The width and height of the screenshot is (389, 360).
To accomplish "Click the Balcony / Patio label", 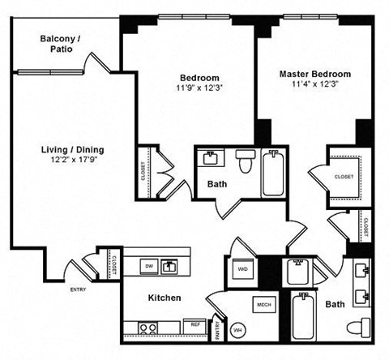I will [62, 43].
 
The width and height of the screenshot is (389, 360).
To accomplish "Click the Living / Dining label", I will [72, 150].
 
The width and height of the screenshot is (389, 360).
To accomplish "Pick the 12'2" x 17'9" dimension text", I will [72, 161].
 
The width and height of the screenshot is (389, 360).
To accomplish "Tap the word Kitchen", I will [164, 298].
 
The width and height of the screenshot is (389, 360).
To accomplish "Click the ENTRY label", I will [78, 289].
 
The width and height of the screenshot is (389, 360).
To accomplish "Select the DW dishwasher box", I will [148, 265].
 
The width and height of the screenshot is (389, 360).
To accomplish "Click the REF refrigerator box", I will [195, 324].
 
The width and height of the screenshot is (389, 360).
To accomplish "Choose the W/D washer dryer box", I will [242, 268].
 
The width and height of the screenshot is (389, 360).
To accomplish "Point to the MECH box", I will [263, 305].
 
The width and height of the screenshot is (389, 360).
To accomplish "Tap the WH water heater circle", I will [237, 330].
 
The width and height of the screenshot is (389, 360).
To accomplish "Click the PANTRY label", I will [218, 330].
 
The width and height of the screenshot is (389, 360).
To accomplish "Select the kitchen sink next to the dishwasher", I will [170, 265].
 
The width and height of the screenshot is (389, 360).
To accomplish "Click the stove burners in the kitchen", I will [147, 328].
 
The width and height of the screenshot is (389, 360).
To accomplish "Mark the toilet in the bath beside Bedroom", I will [246, 161].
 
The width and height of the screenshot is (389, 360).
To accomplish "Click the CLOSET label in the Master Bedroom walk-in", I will [343, 176].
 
